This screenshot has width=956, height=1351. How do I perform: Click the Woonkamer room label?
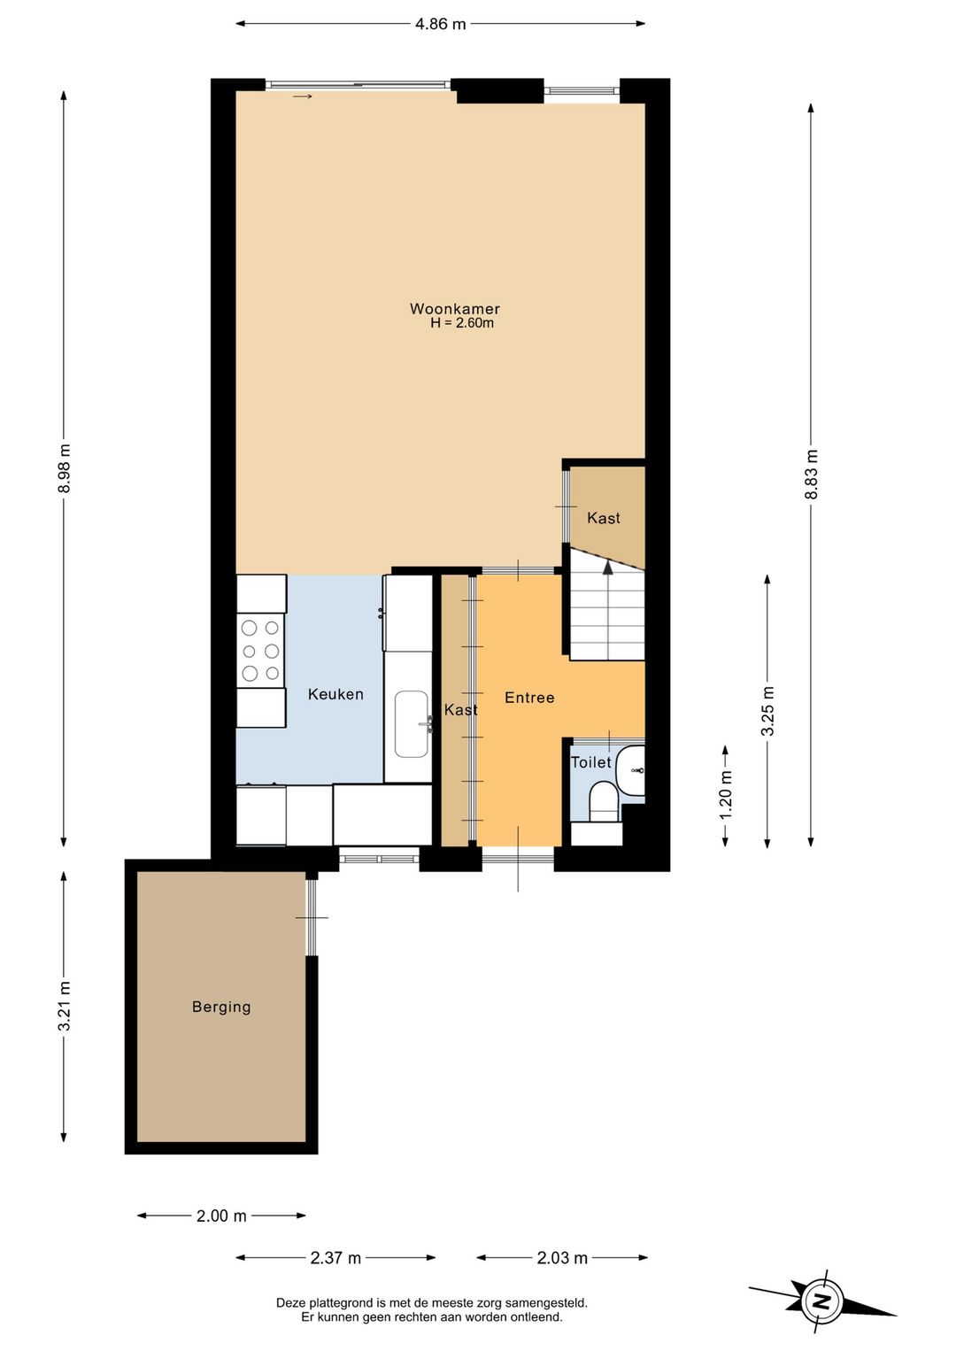point(455,309)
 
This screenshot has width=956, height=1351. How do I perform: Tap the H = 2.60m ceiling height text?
point(462,323)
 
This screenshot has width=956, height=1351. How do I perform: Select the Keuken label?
point(336,694)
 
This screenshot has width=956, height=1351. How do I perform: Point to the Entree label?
point(529,698)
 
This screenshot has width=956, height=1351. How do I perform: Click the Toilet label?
point(591,762)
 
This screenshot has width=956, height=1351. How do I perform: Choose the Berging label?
point(221,1007)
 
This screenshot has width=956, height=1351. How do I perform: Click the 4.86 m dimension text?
point(440,24)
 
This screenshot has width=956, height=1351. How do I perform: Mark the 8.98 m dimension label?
point(65,468)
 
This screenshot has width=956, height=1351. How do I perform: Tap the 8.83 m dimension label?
point(811,474)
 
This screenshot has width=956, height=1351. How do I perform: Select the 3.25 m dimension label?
point(767,712)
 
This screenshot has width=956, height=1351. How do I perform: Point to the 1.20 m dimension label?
point(726,795)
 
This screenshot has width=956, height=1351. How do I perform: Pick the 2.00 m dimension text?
point(221,1216)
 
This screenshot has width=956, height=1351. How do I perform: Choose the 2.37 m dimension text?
point(335,1257)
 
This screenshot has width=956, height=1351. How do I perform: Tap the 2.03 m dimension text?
point(562,1257)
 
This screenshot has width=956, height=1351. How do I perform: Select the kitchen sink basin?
point(412,724)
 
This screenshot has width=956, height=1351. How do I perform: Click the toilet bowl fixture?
point(603,798)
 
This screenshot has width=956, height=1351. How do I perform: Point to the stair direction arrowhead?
point(608,567)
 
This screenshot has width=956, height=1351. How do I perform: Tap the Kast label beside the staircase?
point(603,518)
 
